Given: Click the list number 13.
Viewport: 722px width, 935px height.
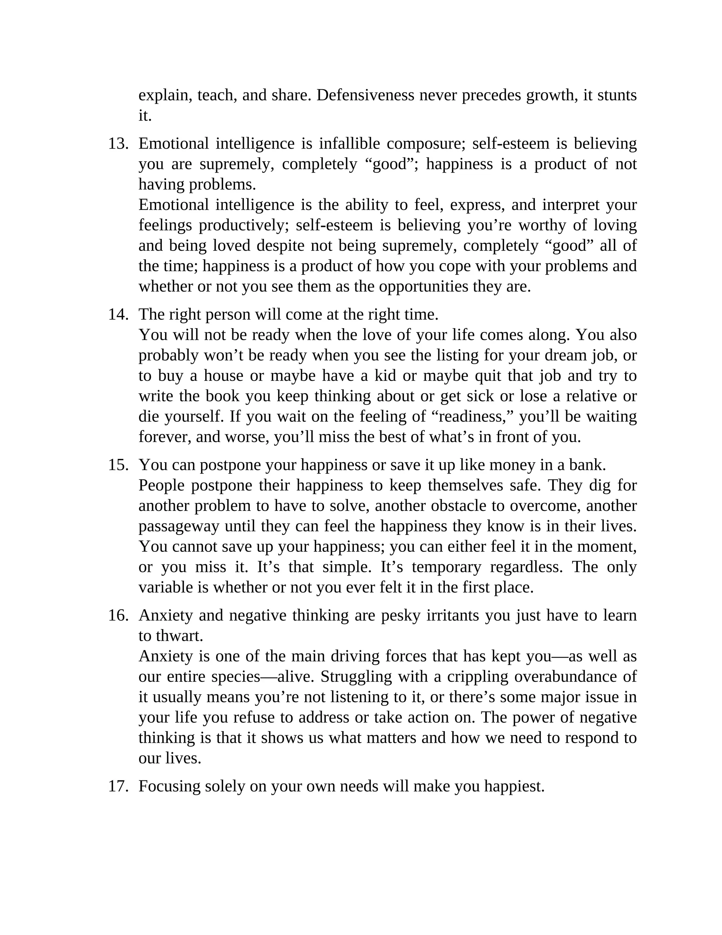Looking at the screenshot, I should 118,143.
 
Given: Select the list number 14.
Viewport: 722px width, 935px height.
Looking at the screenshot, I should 118,314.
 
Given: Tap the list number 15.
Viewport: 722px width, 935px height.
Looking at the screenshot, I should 118,465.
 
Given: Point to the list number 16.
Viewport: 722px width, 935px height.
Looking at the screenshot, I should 118,615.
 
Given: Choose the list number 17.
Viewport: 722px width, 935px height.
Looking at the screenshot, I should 118,786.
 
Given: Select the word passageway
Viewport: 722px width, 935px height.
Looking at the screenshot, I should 179,526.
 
